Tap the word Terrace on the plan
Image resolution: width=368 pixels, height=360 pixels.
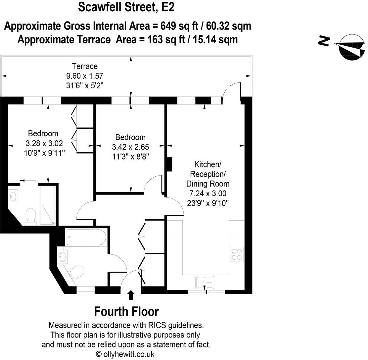click(x=85, y=66)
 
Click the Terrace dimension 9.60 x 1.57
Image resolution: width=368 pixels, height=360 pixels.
click(x=85, y=75)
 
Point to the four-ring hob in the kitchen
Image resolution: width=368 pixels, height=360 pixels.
click(x=237, y=254)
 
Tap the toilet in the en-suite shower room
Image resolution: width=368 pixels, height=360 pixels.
click(x=30, y=215)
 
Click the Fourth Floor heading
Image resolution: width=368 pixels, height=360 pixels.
click(x=126, y=312)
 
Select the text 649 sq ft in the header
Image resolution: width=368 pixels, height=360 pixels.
click(x=176, y=26)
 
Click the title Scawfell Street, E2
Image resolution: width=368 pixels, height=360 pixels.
click(x=126, y=7)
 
